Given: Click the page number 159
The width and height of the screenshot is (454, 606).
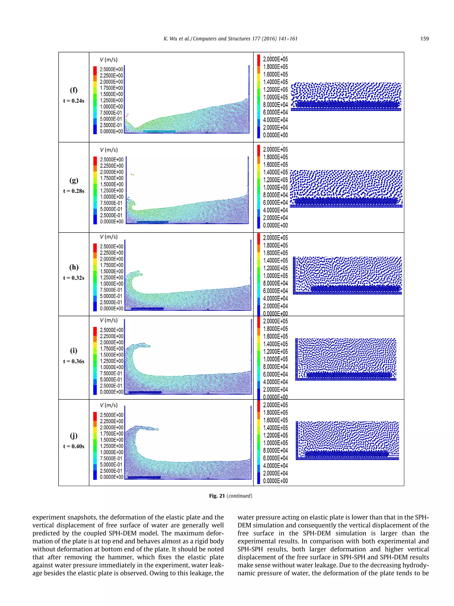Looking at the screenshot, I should pos(425,39).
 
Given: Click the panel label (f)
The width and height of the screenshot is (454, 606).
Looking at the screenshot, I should pos(74,90).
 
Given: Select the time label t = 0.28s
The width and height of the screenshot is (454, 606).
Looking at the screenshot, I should pos(74,191).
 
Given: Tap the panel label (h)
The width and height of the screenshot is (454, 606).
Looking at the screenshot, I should pos(74,267).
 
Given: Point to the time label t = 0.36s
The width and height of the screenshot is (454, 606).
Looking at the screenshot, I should pos(74,361).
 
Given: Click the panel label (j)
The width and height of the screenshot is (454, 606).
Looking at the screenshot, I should pos(74,435).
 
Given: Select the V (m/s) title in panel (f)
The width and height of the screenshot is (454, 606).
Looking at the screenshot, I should pos(109,59).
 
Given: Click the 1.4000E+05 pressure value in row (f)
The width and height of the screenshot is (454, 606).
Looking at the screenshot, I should pos(275,82).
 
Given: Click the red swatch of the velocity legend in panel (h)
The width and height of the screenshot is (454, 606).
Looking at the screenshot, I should pos(95,248).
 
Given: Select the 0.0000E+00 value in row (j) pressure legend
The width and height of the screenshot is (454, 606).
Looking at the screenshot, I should pos(275,481).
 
